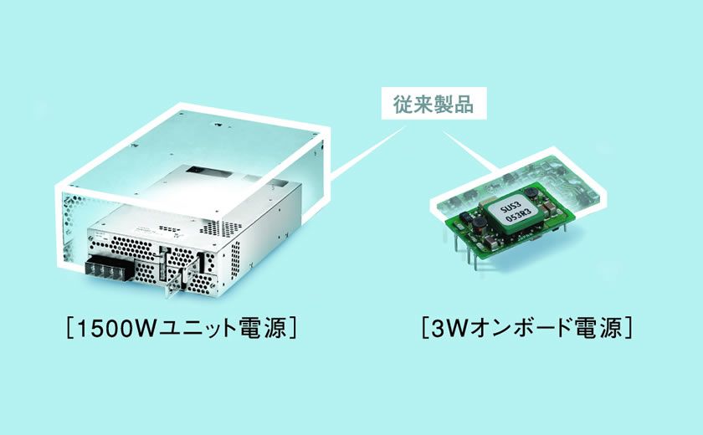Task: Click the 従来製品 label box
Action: tap(434, 103)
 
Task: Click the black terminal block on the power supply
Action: tap(109, 268)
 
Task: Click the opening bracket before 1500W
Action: tap(69, 329)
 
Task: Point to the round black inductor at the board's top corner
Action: tap(531, 192)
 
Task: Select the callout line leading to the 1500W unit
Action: tap(368, 151)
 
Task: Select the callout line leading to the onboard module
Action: tap(470, 151)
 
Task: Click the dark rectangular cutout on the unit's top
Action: tap(199, 171)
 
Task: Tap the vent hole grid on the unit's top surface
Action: tap(221, 228)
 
